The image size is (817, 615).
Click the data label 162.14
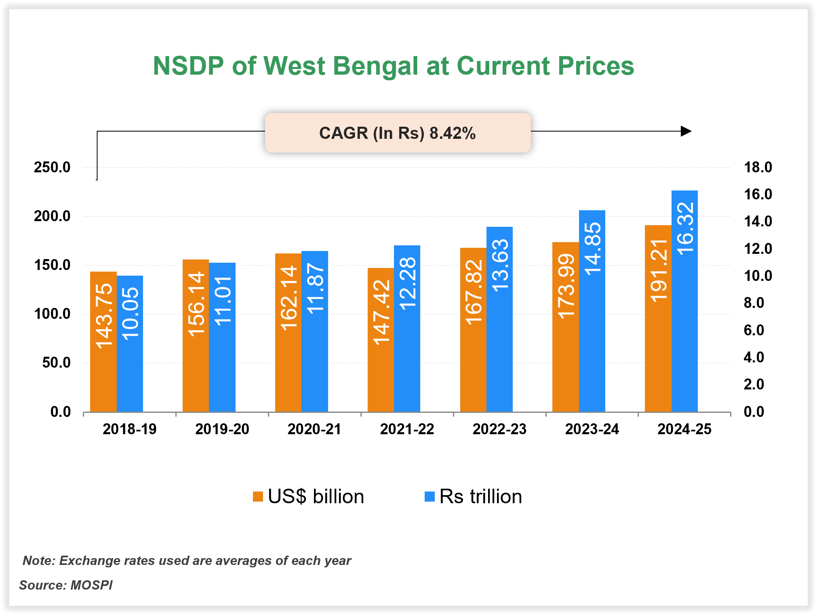(288, 298)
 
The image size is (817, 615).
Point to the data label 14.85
(593, 249)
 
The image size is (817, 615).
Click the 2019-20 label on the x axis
(222, 429)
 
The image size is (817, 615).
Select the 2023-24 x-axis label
(592, 429)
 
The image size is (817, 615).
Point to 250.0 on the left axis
(52, 167)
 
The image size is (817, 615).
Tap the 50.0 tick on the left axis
(56, 363)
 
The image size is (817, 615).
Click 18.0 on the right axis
(758, 167)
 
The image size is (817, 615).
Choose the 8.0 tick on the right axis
(754, 303)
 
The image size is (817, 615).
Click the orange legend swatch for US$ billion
(258, 496)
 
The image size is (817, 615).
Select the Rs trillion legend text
(480, 496)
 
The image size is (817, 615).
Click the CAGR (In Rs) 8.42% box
(398, 133)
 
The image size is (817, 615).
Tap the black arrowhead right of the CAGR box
(686, 131)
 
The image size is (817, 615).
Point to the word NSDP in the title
(188, 66)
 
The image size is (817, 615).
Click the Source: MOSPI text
(66, 585)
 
